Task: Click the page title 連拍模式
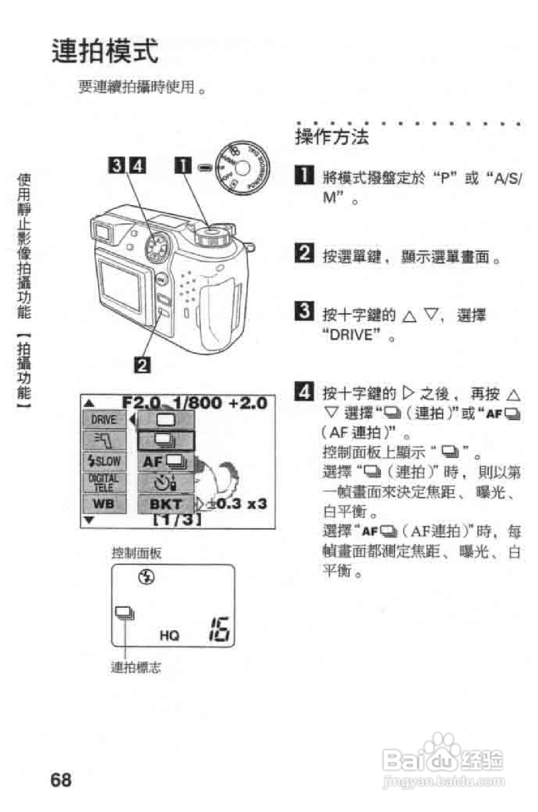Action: pyautogui.click(x=105, y=51)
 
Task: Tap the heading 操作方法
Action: pyautogui.click(x=332, y=137)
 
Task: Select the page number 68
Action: pyautogui.click(x=61, y=779)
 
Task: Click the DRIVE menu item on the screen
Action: pyautogui.click(x=104, y=419)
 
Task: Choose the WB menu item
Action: pyautogui.click(x=104, y=503)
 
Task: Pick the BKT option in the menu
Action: pyautogui.click(x=166, y=504)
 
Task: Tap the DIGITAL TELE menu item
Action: pyautogui.click(x=104, y=483)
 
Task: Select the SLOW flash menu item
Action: pyautogui.click(x=104, y=461)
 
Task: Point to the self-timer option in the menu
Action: pyautogui.click(x=166, y=483)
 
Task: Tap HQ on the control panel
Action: pyautogui.click(x=169, y=635)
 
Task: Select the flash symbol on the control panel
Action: pyautogui.click(x=147, y=577)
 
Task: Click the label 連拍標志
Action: pyautogui.click(x=136, y=667)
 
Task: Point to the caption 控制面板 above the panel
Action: pyautogui.click(x=136, y=553)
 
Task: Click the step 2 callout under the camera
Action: pyautogui.click(x=142, y=365)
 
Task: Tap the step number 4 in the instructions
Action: pyautogui.click(x=303, y=392)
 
